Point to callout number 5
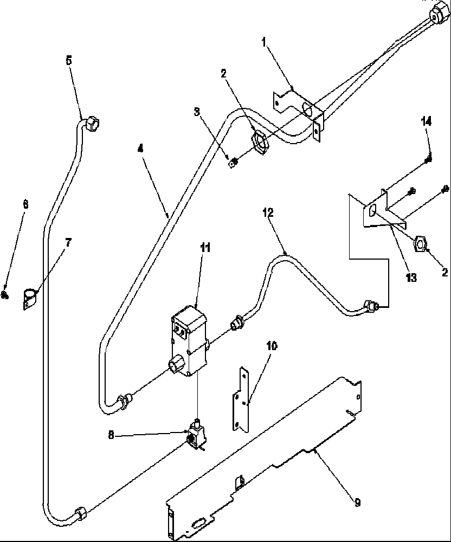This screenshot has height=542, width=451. (68, 61)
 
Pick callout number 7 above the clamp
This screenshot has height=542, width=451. (68, 242)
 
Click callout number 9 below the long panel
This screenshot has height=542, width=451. (357, 503)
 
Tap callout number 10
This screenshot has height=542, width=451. (272, 346)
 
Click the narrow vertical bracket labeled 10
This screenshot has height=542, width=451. (241, 400)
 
